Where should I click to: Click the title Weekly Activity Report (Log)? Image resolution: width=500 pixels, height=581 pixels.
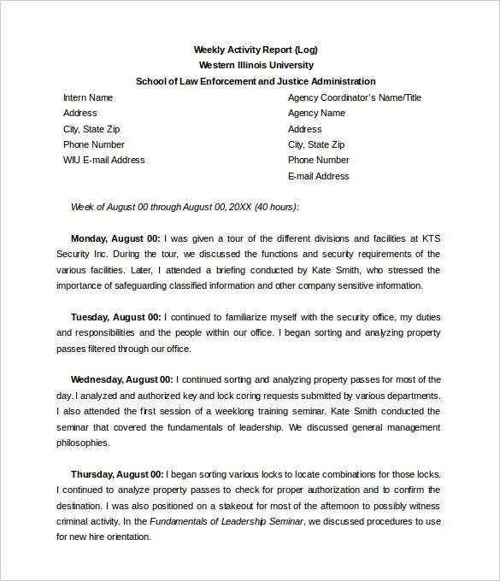(256, 50)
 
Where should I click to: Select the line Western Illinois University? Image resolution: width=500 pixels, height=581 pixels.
(256, 65)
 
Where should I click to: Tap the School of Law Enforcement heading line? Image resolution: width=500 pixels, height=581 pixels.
(256, 81)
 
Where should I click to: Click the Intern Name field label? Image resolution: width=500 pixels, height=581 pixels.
(88, 97)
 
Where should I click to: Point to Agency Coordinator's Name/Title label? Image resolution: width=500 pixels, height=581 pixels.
(354, 97)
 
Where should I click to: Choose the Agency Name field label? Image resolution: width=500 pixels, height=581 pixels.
(316, 113)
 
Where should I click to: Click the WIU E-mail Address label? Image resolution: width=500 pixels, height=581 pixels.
(103, 160)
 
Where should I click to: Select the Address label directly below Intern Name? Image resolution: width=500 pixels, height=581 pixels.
(80, 113)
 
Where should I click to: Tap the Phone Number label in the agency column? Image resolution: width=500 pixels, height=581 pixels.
(318, 160)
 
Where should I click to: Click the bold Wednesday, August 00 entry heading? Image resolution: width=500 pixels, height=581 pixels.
(121, 379)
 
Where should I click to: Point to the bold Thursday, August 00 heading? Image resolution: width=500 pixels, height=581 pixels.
(117, 474)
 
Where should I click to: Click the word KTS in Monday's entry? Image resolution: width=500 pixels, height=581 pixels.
(431, 238)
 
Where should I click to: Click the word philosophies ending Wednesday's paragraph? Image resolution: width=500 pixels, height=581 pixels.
(83, 443)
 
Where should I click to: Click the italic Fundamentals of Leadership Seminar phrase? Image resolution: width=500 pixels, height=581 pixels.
(226, 521)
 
